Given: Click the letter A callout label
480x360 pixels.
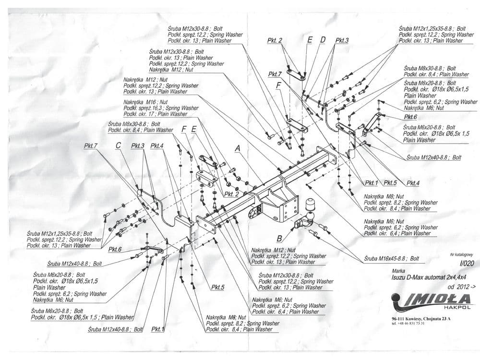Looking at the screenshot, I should [x=237, y=149].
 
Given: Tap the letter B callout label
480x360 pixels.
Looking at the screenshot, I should [x=279, y=238].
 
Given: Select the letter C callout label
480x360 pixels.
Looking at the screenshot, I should [x=118, y=145].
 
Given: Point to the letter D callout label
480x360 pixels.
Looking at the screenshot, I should [x=323, y=40].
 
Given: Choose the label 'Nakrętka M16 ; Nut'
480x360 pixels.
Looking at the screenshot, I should [x=145, y=102].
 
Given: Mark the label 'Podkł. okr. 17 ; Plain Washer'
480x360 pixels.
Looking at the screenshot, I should [x=155, y=114].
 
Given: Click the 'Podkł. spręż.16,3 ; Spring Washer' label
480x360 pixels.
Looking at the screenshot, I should [x=161, y=108].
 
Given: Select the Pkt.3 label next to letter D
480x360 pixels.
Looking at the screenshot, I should [x=342, y=40].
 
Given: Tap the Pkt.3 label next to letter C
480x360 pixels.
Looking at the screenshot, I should [x=137, y=145].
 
